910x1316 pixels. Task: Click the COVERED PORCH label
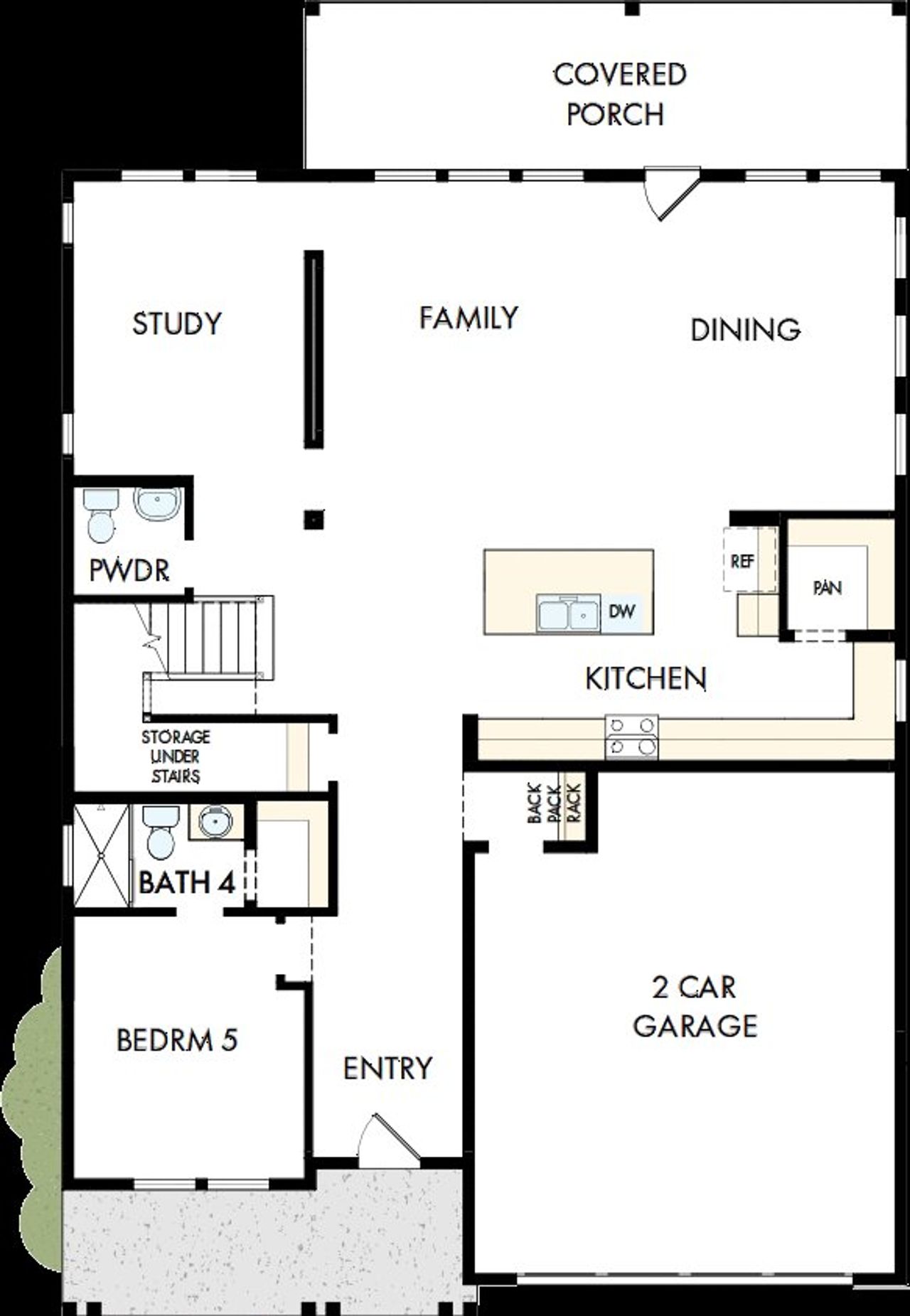pos(619,94)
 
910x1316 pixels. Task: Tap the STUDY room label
pos(177,323)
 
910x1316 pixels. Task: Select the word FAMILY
pos(469,318)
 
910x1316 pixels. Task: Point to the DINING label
pos(745,329)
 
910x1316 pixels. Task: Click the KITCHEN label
pos(646,678)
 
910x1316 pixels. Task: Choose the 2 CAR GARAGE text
pos(695,1006)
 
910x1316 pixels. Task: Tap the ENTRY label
pos(387,1068)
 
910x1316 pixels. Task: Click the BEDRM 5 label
pos(177,1040)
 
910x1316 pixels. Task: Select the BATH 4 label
pos(186,883)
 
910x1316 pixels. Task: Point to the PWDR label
pos(129,570)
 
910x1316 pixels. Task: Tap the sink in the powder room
pos(157,504)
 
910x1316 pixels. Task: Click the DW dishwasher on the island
pos(621,611)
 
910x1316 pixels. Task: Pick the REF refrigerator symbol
pos(743,560)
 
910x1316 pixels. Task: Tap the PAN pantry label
pos(828,588)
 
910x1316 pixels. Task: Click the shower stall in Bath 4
pos(102,855)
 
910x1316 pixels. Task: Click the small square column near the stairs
pos(314,520)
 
